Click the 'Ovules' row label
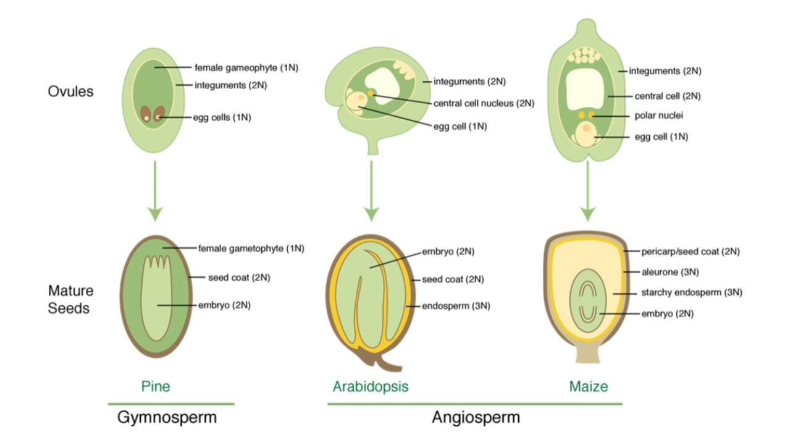click(70, 91)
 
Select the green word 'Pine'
click(155, 387)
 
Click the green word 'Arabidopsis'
click(371, 387)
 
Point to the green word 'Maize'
click(588, 387)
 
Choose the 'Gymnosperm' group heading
click(167, 417)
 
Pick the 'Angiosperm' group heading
click(476, 417)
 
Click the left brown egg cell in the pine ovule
click(146, 115)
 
